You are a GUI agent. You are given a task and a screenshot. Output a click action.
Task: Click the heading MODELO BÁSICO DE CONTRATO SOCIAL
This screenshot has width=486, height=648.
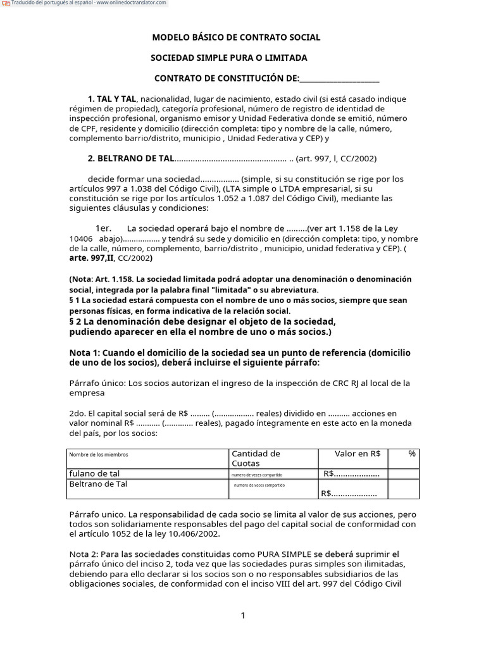pyautogui.click(x=236, y=37)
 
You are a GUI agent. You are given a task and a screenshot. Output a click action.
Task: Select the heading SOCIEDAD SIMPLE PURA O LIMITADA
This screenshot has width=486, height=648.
pyautogui.click(x=228, y=58)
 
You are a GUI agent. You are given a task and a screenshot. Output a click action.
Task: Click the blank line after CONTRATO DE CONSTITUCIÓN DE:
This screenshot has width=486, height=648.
pyautogui.click(x=339, y=78)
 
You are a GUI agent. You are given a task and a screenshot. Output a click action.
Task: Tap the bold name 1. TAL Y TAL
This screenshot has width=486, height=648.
pyautogui.click(x=112, y=99)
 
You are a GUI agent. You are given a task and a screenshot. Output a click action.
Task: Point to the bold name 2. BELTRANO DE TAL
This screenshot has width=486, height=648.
pyautogui.click(x=130, y=159)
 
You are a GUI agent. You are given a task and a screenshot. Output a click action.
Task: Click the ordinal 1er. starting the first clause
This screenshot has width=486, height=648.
pyautogui.click(x=103, y=228)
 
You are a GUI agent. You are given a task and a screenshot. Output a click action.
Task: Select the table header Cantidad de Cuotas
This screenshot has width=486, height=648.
pyautogui.click(x=256, y=458)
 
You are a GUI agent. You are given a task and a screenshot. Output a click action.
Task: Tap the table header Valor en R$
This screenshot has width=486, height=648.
pyautogui.click(x=357, y=454)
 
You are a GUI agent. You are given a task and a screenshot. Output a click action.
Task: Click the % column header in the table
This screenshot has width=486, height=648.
pyautogui.click(x=412, y=454)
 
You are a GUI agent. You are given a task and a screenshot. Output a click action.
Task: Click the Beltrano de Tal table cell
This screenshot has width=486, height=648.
pyautogui.click(x=98, y=484)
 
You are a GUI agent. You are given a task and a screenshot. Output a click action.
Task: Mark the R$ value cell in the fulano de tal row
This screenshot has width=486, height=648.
pyautogui.click(x=351, y=474)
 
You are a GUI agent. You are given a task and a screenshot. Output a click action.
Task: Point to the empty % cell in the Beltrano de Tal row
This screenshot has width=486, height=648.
pyautogui.click(x=403, y=489)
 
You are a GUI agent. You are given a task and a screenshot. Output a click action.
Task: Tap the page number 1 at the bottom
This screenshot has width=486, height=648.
pyautogui.click(x=243, y=616)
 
